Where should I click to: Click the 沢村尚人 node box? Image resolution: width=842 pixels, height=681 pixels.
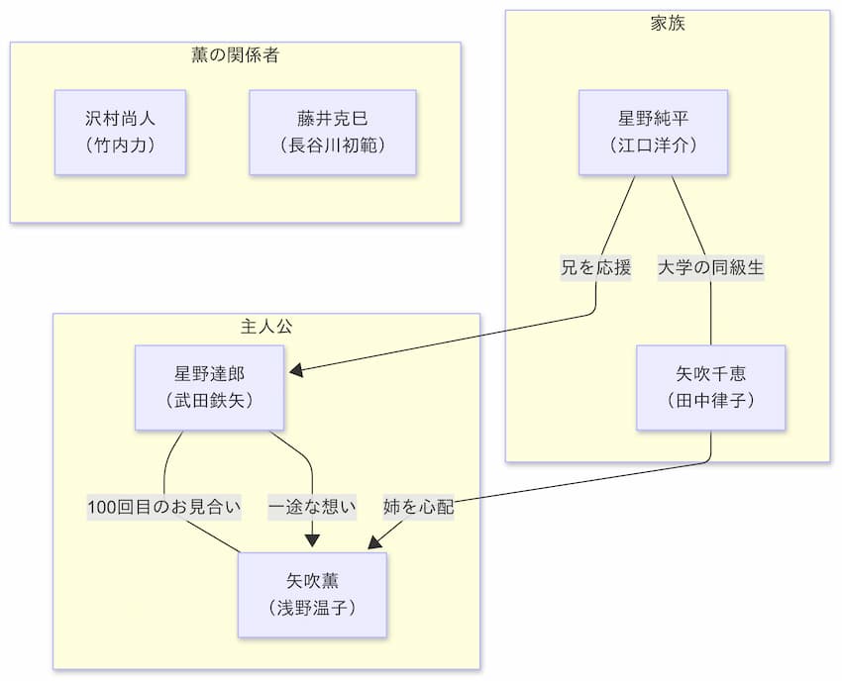click(120, 132)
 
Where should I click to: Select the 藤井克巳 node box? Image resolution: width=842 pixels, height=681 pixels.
click(332, 132)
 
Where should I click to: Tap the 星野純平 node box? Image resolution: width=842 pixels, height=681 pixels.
click(653, 132)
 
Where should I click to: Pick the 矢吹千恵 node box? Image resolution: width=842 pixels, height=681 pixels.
click(710, 387)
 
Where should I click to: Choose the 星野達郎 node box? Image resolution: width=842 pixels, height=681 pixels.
click(209, 387)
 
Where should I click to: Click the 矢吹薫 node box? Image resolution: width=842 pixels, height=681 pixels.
click(312, 594)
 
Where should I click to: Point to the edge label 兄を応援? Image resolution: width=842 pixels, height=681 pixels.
click(595, 267)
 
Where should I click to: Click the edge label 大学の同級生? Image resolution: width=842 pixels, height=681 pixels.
click(711, 267)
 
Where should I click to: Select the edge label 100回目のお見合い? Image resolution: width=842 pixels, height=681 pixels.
click(164, 508)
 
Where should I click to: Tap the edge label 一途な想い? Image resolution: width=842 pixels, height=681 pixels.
click(312, 508)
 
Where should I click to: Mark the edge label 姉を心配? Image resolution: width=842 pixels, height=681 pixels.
click(418, 508)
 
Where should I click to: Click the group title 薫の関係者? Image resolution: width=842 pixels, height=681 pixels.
click(235, 55)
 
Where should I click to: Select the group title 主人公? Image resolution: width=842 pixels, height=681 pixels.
click(266, 327)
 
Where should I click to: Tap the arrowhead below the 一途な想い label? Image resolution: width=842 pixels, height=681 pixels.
click(312, 540)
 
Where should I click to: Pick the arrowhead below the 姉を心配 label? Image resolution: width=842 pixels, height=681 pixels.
click(373, 543)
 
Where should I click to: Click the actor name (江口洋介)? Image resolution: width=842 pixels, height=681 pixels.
click(653, 145)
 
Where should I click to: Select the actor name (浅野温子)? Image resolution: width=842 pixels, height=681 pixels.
click(312, 607)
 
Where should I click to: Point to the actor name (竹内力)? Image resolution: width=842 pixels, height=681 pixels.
click(120, 145)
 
